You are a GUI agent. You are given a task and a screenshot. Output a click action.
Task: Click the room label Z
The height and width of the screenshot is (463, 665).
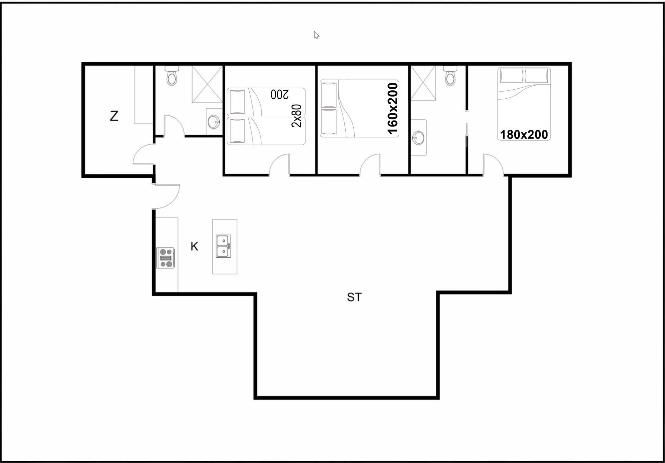[114, 116]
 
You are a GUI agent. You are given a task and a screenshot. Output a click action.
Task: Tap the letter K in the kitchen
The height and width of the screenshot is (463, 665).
[194, 246]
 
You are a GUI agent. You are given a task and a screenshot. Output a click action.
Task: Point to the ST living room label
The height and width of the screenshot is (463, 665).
[354, 297]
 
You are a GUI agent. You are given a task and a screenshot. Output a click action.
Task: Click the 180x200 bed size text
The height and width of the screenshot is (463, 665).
[524, 134]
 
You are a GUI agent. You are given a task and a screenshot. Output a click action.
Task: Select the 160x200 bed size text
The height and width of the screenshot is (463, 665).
[392, 108]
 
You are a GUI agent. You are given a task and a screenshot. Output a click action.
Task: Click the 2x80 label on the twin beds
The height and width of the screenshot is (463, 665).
[296, 116]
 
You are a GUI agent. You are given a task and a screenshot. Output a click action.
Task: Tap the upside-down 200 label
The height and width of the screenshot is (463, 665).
[280, 94]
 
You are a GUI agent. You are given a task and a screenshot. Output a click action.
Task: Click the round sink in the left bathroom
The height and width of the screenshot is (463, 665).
[213, 122]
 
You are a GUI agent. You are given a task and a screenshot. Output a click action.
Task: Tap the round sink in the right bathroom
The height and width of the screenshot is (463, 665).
[418, 138]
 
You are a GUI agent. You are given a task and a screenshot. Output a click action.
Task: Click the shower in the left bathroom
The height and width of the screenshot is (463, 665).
[207, 84]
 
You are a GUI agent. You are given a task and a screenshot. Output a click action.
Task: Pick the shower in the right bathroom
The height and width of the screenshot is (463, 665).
[423, 83]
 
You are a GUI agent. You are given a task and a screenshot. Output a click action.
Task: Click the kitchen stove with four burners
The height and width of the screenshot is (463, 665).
[165, 258]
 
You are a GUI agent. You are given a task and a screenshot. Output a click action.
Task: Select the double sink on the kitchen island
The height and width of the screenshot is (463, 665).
[223, 246]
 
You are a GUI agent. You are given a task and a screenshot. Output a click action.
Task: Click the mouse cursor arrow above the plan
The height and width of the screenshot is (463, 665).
[316, 35]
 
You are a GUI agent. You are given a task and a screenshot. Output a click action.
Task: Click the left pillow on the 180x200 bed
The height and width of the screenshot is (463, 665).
[512, 76]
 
